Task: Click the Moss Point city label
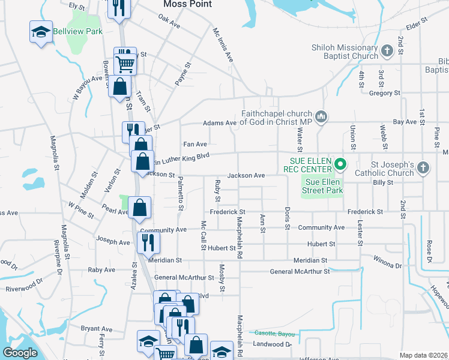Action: tap(187, 4)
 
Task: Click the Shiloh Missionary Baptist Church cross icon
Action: tap(387, 50)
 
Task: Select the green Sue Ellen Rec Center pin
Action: tap(340, 163)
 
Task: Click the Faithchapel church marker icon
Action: tap(321, 116)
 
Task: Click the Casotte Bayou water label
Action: tap(274, 334)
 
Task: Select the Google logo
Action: tap(20, 353)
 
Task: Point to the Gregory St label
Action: tap(385, 93)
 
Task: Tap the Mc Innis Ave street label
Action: tap(223, 44)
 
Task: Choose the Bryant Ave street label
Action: tap(97, 329)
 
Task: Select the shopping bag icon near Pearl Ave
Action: tap(139, 208)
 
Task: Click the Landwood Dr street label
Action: tap(272, 344)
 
